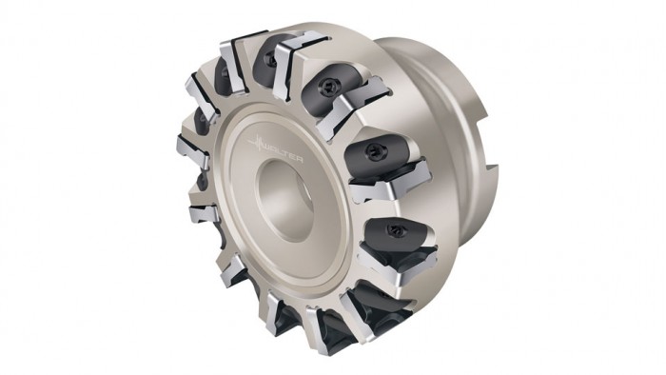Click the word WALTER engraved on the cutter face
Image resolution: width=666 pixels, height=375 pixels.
pyautogui.click(x=283, y=152)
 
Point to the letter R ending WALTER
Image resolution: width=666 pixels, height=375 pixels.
pyautogui.click(x=299, y=159)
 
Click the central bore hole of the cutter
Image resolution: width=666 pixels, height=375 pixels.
pyautogui.click(x=284, y=200)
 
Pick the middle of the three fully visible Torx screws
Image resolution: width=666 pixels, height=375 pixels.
pyautogui.click(x=374, y=150)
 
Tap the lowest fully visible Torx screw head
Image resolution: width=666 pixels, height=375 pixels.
pyautogui.click(x=394, y=229)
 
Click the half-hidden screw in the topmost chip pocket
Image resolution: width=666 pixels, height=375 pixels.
pyautogui.click(x=269, y=60)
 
